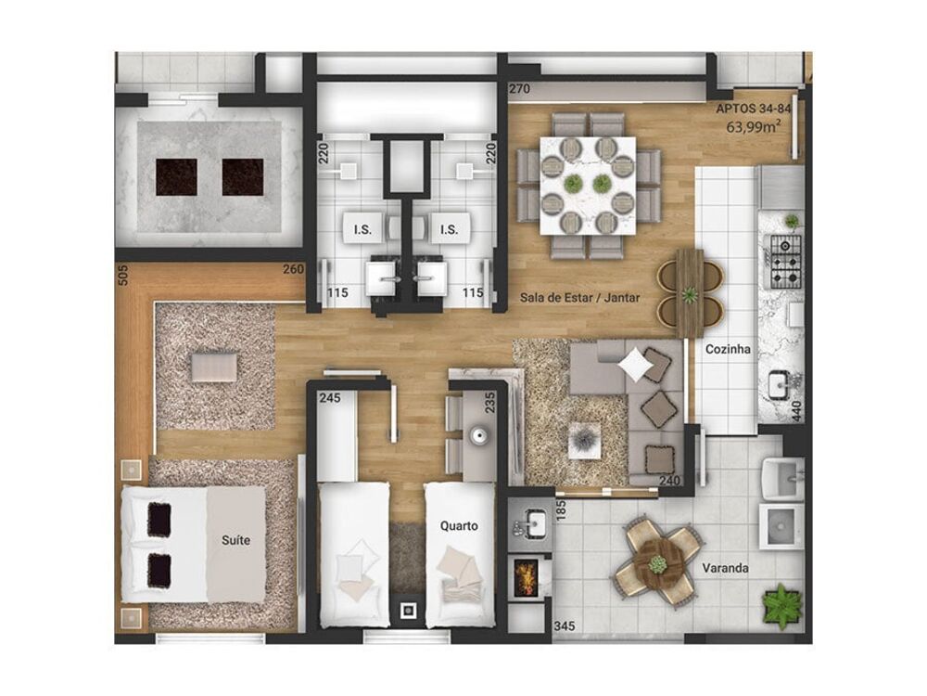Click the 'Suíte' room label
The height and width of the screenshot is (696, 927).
(235, 538)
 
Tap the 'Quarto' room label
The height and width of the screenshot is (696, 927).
(459, 526)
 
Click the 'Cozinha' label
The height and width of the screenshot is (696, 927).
(727, 350)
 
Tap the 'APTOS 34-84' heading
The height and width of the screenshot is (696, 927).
(753, 109)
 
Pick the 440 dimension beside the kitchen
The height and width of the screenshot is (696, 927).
(795, 402)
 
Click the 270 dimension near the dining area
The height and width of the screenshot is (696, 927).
(519, 90)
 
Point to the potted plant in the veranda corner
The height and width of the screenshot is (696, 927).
(781, 607)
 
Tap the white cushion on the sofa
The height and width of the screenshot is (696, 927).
(635, 365)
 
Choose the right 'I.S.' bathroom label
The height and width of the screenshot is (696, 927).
(450, 229)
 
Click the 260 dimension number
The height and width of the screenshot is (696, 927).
(293, 271)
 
